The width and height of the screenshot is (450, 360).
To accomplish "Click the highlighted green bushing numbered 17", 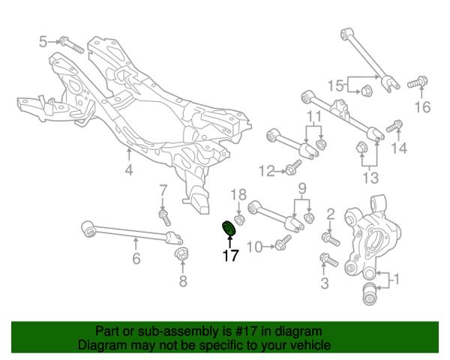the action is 229,229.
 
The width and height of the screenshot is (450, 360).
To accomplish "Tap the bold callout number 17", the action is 231,256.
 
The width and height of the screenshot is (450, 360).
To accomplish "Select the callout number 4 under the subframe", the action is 129,170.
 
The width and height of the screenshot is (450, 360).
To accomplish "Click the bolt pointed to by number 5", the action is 72,45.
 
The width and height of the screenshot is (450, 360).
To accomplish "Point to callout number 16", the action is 422,107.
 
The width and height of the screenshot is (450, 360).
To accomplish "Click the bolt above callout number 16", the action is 418,82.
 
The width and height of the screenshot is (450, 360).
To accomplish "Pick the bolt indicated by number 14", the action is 394,126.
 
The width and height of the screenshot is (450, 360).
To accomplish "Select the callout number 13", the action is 370,178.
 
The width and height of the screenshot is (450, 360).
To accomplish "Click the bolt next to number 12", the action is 293,167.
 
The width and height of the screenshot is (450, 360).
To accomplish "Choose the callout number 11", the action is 315,117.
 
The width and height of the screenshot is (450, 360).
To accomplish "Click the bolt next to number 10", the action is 283,242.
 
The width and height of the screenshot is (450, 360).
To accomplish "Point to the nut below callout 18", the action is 238,220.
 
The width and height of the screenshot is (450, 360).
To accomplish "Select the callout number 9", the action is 302,188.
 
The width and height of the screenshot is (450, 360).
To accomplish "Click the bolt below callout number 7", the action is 165,217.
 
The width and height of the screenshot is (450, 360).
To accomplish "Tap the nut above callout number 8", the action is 181,253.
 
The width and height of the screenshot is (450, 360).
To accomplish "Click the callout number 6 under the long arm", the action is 136,258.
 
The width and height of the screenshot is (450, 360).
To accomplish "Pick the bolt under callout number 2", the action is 331,239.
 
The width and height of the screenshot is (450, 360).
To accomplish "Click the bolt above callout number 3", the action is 329,259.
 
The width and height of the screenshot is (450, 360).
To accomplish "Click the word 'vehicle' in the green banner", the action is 312,345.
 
